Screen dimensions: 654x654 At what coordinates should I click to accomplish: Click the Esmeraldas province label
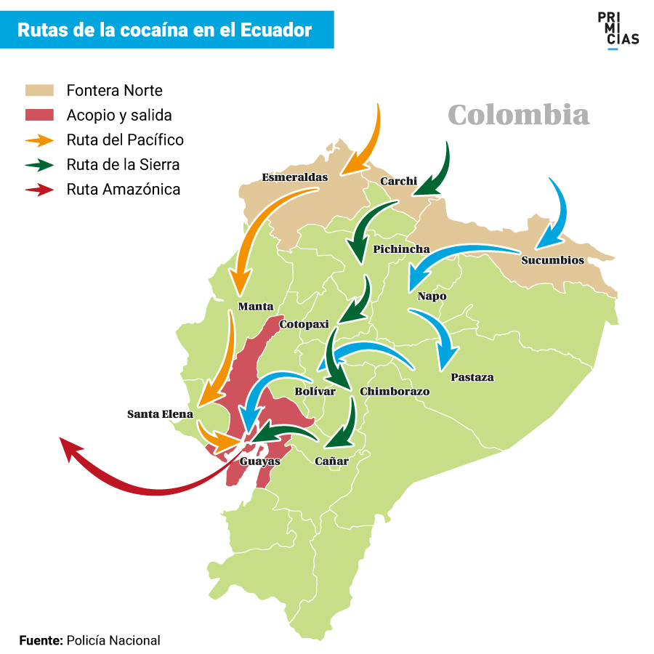click(x=294, y=177)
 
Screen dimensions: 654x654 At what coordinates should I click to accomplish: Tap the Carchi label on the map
click(x=398, y=181)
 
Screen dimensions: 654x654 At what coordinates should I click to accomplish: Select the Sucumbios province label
click(x=552, y=260)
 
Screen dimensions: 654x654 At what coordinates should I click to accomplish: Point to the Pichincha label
click(x=401, y=249)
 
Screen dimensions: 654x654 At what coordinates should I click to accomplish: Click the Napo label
click(x=432, y=296)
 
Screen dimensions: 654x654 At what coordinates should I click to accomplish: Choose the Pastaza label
click(x=472, y=377)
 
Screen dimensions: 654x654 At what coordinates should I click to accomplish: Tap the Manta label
click(x=256, y=307)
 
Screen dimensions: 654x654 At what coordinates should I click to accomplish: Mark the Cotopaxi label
click(x=304, y=324)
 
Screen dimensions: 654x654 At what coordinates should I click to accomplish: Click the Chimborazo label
click(x=395, y=392)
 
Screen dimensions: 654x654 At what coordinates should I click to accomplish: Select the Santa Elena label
click(x=160, y=414)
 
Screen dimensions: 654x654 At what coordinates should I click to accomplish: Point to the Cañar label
click(x=331, y=461)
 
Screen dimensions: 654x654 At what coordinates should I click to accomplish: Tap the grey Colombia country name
click(x=518, y=115)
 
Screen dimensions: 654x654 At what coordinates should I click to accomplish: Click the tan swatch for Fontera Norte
click(x=39, y=91)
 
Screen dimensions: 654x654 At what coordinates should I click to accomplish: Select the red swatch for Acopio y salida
click(x=39, y=115)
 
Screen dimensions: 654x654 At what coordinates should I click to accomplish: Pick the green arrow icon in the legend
click(x=39, y=164)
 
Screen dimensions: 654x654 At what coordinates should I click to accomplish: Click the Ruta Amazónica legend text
click(x=123, y=190)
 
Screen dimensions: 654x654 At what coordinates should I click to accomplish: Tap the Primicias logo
click(x=618, y=30)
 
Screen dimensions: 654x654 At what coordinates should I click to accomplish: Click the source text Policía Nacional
click(x=113, y=640)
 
